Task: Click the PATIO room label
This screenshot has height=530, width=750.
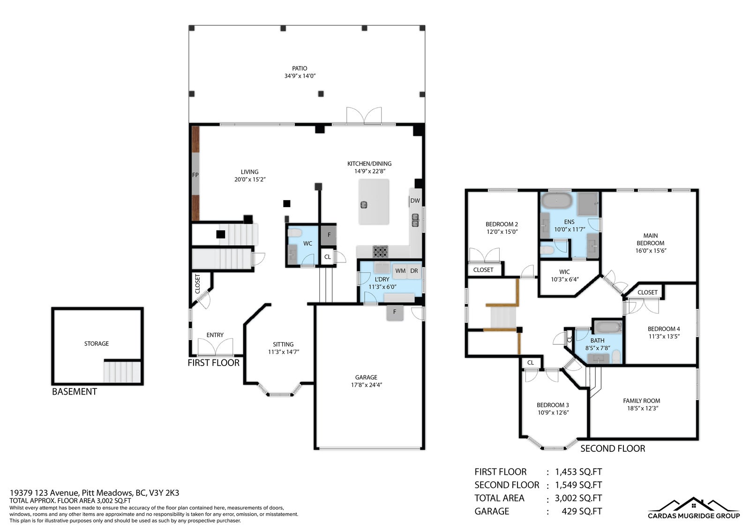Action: pyautogui.click(x=300, y=68)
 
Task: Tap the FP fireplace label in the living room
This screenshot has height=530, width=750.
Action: pyautogui.click(x=195, y=175)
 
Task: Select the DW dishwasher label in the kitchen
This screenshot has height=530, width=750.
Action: pyautogui.click(x=415, y=201)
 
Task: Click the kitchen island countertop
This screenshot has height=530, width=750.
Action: pyautogui.click(x=374, y=202)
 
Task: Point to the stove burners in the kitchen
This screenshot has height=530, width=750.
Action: pyautogui.click(x=380, y=252)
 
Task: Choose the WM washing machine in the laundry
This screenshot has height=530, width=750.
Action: pyautogui.click(x=400, y=271)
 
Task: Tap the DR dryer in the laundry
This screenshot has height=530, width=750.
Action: pyautogui.click(x=414, y=271)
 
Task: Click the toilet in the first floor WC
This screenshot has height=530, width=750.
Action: pyautogui.click(x=295, y=232)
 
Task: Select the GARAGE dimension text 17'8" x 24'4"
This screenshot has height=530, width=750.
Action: pyautogui.click(x=366, y=385)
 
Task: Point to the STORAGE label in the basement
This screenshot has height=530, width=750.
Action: pyautogui.click(x=97, y=343)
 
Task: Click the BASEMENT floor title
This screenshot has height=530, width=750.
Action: pyautogui.click(x=75, y=391)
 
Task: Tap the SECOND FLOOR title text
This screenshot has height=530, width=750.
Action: pyautogui.click(x=612, y=448)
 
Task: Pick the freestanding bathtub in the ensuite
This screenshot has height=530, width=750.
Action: pyautogui.click(x=557, y=201)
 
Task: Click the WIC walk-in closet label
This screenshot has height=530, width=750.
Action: pyautogui.click(x=564, y=272)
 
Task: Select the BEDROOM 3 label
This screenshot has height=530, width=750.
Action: pyautogui.click(x=553, y=405)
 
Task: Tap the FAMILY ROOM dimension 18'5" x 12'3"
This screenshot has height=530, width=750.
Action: pyautogui.click(x=643, y=408)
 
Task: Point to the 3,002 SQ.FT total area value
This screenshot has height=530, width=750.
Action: pyautogui.click(x=578, y=498)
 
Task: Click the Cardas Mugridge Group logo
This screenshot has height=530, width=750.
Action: pyautogui.click(x=694, y=508)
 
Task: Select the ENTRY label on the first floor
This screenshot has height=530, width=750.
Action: pyautogui.click(x=215, y=335)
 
